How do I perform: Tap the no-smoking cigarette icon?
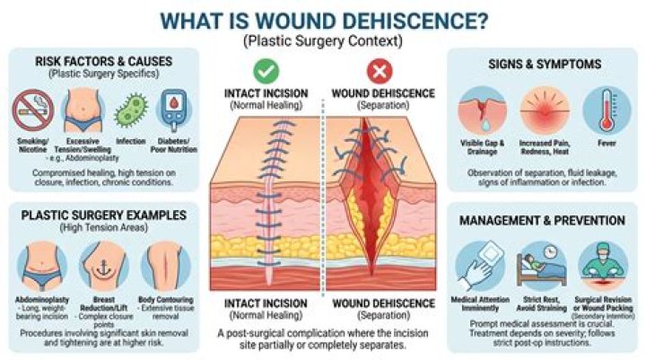[x=33, y=110]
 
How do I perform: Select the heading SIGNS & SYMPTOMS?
[x=544, y=64]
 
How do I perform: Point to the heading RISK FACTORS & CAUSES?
[x=103, y=62]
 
